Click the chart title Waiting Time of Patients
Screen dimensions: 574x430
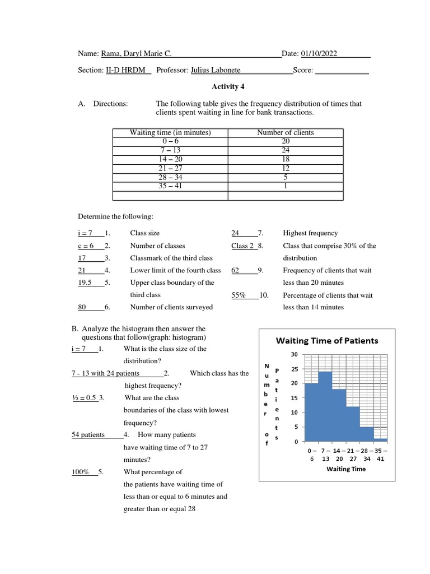click(x=327, y=340)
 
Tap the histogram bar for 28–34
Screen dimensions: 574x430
click(x=366, y=434)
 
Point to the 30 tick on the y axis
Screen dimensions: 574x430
click(x=295, y=354)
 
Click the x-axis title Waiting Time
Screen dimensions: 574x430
click(x=346, y=469)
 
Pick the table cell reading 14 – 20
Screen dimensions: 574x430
click(x=170, y=159)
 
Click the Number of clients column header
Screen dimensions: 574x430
click(x=285, y=133)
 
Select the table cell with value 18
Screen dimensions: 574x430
click(x=285, y=159)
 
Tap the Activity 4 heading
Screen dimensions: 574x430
click(x=228, y=87)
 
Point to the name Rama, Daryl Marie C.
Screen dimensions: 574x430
click(x=136, y=54)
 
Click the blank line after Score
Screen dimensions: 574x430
click(x=342, y=71)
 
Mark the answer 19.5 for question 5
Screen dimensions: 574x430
click(x=86, y=283)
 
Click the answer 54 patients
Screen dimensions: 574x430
click(x=88, y=434)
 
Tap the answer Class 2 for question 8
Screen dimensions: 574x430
click(x=242, y=246)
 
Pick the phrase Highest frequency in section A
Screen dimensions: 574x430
click(x=310, y=233)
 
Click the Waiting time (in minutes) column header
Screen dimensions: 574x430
click(x=170, y=133)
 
